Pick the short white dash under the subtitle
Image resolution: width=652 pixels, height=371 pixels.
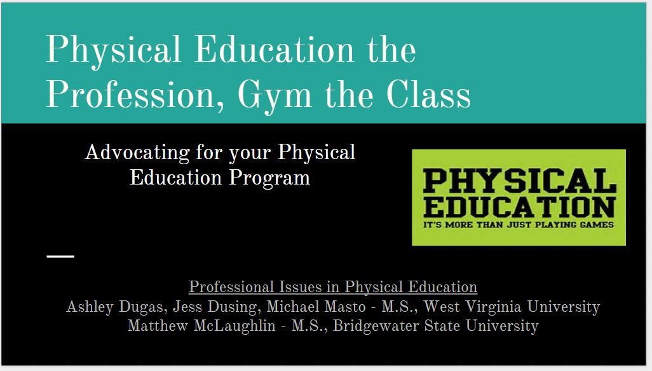point(60,256)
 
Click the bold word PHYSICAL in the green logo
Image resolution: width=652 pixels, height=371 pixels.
point(519,181)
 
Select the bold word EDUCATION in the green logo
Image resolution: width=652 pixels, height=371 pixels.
point(519,207)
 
